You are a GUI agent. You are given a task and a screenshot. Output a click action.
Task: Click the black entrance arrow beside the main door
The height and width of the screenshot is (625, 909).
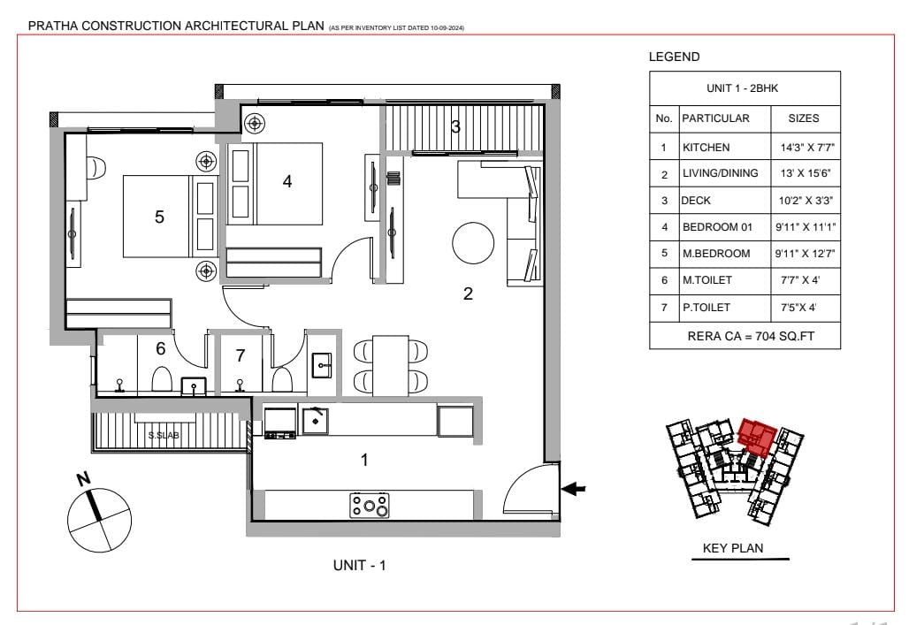click(573, 489)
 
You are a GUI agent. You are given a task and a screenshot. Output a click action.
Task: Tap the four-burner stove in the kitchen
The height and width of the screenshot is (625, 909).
click(370, 505)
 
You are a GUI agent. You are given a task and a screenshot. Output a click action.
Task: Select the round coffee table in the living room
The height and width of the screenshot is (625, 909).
click(473, 243)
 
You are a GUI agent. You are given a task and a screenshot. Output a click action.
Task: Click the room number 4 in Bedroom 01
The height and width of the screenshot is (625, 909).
click(287, 181)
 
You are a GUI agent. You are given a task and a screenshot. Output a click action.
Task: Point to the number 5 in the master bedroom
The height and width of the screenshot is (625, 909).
click(159, 217)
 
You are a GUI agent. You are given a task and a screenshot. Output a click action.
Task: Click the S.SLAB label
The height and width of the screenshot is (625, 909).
click(164, 435)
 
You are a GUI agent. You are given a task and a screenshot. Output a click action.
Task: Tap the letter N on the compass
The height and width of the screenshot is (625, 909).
click(84, 479)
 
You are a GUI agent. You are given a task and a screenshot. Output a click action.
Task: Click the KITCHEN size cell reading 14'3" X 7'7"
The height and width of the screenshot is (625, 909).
click(807, 148)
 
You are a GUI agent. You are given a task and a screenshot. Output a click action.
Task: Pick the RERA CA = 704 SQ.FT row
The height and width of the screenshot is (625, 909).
click(751, 336)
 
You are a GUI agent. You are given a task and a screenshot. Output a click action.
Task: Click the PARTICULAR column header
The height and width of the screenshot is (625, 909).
click(715, 118)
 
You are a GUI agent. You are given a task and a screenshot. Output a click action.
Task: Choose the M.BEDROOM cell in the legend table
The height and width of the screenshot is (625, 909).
click(716, 254)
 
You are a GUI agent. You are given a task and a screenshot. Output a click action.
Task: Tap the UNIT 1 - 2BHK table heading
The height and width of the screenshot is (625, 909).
click(742, 88)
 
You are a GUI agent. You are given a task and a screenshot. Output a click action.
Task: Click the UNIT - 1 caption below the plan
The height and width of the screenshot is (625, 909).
click(359, 565)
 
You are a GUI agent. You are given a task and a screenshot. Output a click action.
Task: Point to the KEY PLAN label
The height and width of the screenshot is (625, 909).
click(733, 548)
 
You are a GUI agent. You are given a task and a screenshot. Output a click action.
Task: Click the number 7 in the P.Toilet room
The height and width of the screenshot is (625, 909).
click(241, 355)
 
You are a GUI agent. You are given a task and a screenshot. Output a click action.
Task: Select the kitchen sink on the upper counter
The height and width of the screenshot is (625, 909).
click(316, 421)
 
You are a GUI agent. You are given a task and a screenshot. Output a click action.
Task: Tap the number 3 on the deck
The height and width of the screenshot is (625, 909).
click(455, 126)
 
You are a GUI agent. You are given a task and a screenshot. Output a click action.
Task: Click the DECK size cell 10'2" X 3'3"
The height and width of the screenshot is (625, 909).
click(806, 201)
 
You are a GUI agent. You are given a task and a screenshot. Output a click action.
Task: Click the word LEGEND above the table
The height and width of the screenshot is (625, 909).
click(674, 57)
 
